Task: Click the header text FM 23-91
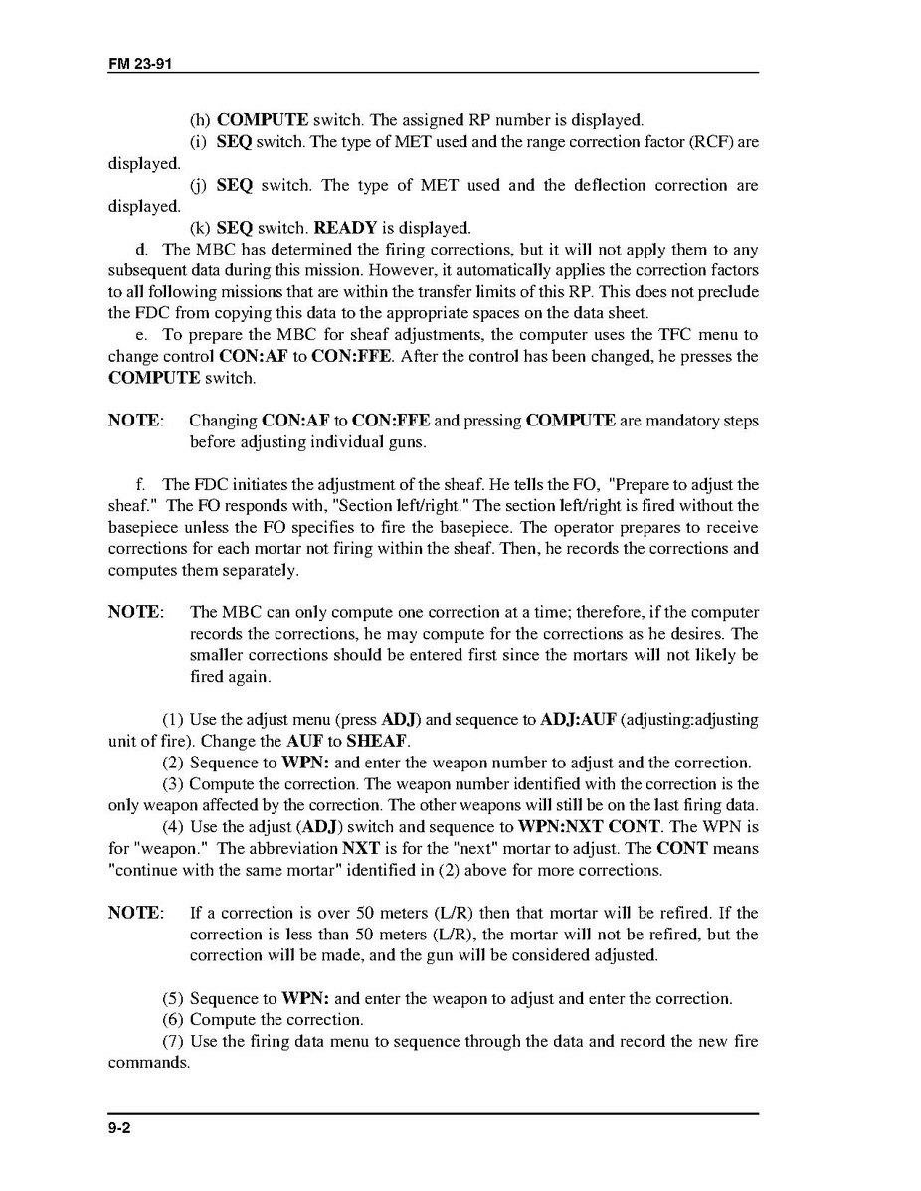pos(142,64)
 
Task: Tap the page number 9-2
pos(121,1129)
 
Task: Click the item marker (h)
pos(200,120)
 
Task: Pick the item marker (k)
pos(200,228)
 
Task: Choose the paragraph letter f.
pos(141,485)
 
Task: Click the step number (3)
pos(173,784)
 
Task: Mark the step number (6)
pos(173,1019)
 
